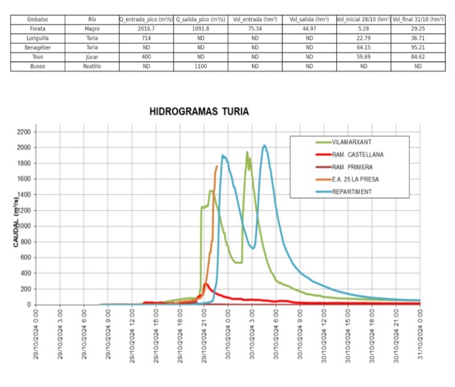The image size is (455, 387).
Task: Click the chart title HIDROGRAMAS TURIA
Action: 198,112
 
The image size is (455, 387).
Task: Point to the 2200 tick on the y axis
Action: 23,132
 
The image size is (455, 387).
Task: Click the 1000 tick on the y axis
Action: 23,226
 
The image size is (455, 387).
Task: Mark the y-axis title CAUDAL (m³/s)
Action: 16,218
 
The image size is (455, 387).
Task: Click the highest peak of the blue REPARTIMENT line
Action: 264,145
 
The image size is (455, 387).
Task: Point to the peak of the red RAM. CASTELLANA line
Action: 206,284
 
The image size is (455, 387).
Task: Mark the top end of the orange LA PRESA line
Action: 217,166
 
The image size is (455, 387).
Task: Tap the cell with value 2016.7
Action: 146,27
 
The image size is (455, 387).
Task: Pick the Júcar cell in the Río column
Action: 93,57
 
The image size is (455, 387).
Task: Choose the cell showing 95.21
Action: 418,47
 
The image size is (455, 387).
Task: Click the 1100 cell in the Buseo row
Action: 200,67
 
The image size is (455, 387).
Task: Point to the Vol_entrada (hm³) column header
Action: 255,19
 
